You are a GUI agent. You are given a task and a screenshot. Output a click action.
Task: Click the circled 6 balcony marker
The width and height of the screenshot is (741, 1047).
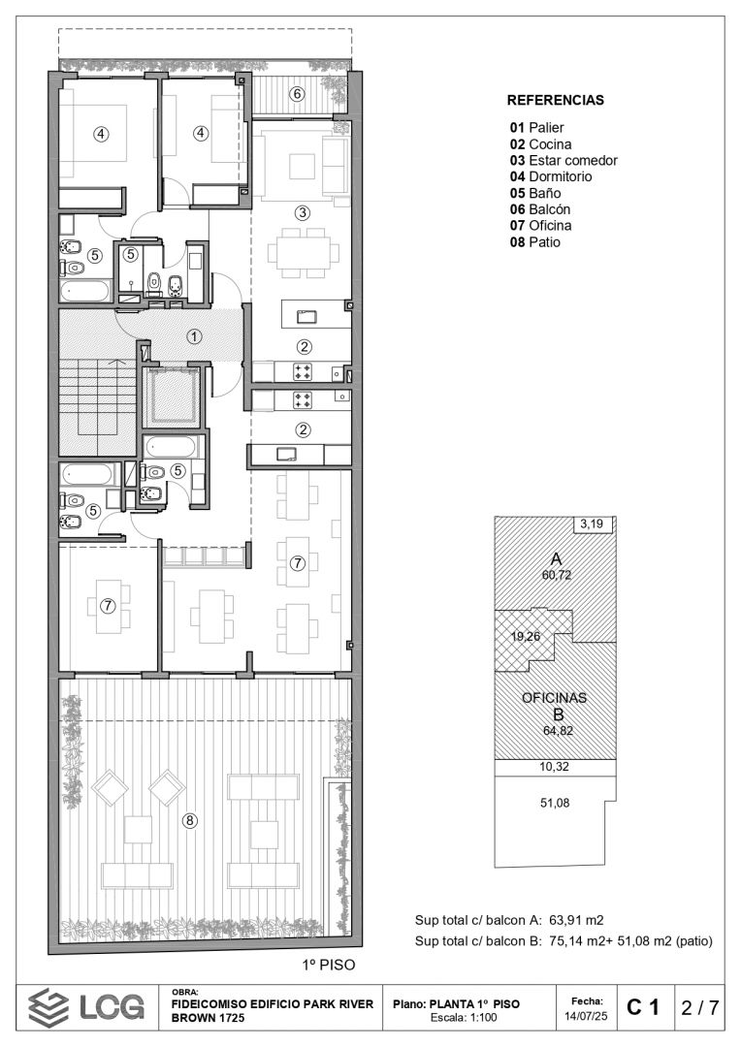[x=298, y=94]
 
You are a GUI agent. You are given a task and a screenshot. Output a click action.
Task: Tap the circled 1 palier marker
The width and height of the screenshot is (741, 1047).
[x=194, y=336]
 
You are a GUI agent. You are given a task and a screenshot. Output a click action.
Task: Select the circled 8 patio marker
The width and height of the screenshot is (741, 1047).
[x=190, y=820]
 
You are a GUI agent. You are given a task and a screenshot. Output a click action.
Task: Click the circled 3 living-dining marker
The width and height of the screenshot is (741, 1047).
[x=303, y=213]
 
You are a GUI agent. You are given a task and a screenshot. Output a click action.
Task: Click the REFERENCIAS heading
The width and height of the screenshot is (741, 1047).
[x=555, y=100]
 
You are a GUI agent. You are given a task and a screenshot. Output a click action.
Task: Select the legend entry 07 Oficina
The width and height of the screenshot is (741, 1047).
[x=540, y=226]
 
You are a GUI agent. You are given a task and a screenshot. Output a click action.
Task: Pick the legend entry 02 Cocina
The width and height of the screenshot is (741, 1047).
[x=540, y=144]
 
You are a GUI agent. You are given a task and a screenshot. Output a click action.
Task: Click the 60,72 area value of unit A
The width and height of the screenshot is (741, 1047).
[x=557, y=575]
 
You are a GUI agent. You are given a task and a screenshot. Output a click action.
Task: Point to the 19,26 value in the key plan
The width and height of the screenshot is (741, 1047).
[x=525, y=636]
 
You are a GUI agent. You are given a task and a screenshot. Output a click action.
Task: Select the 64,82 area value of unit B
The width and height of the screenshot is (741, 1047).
[x=558, y=731]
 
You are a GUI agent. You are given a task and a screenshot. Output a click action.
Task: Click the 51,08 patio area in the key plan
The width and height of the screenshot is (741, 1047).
[x=555, y=803]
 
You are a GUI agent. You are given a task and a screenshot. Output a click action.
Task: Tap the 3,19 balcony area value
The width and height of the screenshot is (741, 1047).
[x=592, y=524]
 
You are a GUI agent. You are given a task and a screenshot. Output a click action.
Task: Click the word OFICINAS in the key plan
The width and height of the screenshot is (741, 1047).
[x=555, y=698]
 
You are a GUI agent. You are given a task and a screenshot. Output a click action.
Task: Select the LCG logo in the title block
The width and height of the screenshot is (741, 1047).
[x=86, y=1007]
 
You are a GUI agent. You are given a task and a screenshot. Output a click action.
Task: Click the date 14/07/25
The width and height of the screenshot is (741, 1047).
[x=588, y=1016]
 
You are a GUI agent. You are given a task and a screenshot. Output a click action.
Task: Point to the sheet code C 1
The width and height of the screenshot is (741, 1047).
[x=643, y=1007]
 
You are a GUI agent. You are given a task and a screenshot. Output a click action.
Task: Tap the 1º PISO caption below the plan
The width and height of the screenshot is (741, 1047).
[x=329, y=965]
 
